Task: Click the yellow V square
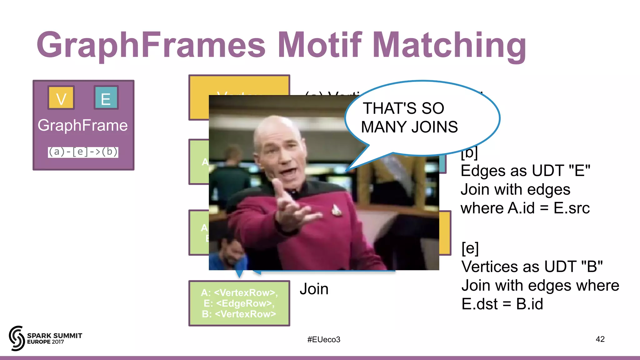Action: pos(61,98)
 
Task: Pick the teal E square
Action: pos(106,98)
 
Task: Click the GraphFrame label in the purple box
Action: pos(83,125)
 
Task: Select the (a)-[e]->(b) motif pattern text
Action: pos(83,152)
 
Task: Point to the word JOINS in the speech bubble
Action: pos(434,127)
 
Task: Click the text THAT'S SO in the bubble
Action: pos(403,108)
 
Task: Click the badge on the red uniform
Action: pos(336,209)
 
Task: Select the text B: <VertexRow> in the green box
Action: pos(239,314)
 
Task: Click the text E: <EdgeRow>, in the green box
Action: pos(239,303)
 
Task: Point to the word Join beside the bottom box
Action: pos(314,289)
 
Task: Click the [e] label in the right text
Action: pos(470,248)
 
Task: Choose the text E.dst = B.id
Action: pos(502,304)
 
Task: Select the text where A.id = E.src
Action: pos(525,208)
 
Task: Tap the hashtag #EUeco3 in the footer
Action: pos(324,339)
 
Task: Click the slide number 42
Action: pos(600,339)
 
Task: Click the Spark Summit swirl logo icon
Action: pos(17,338)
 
